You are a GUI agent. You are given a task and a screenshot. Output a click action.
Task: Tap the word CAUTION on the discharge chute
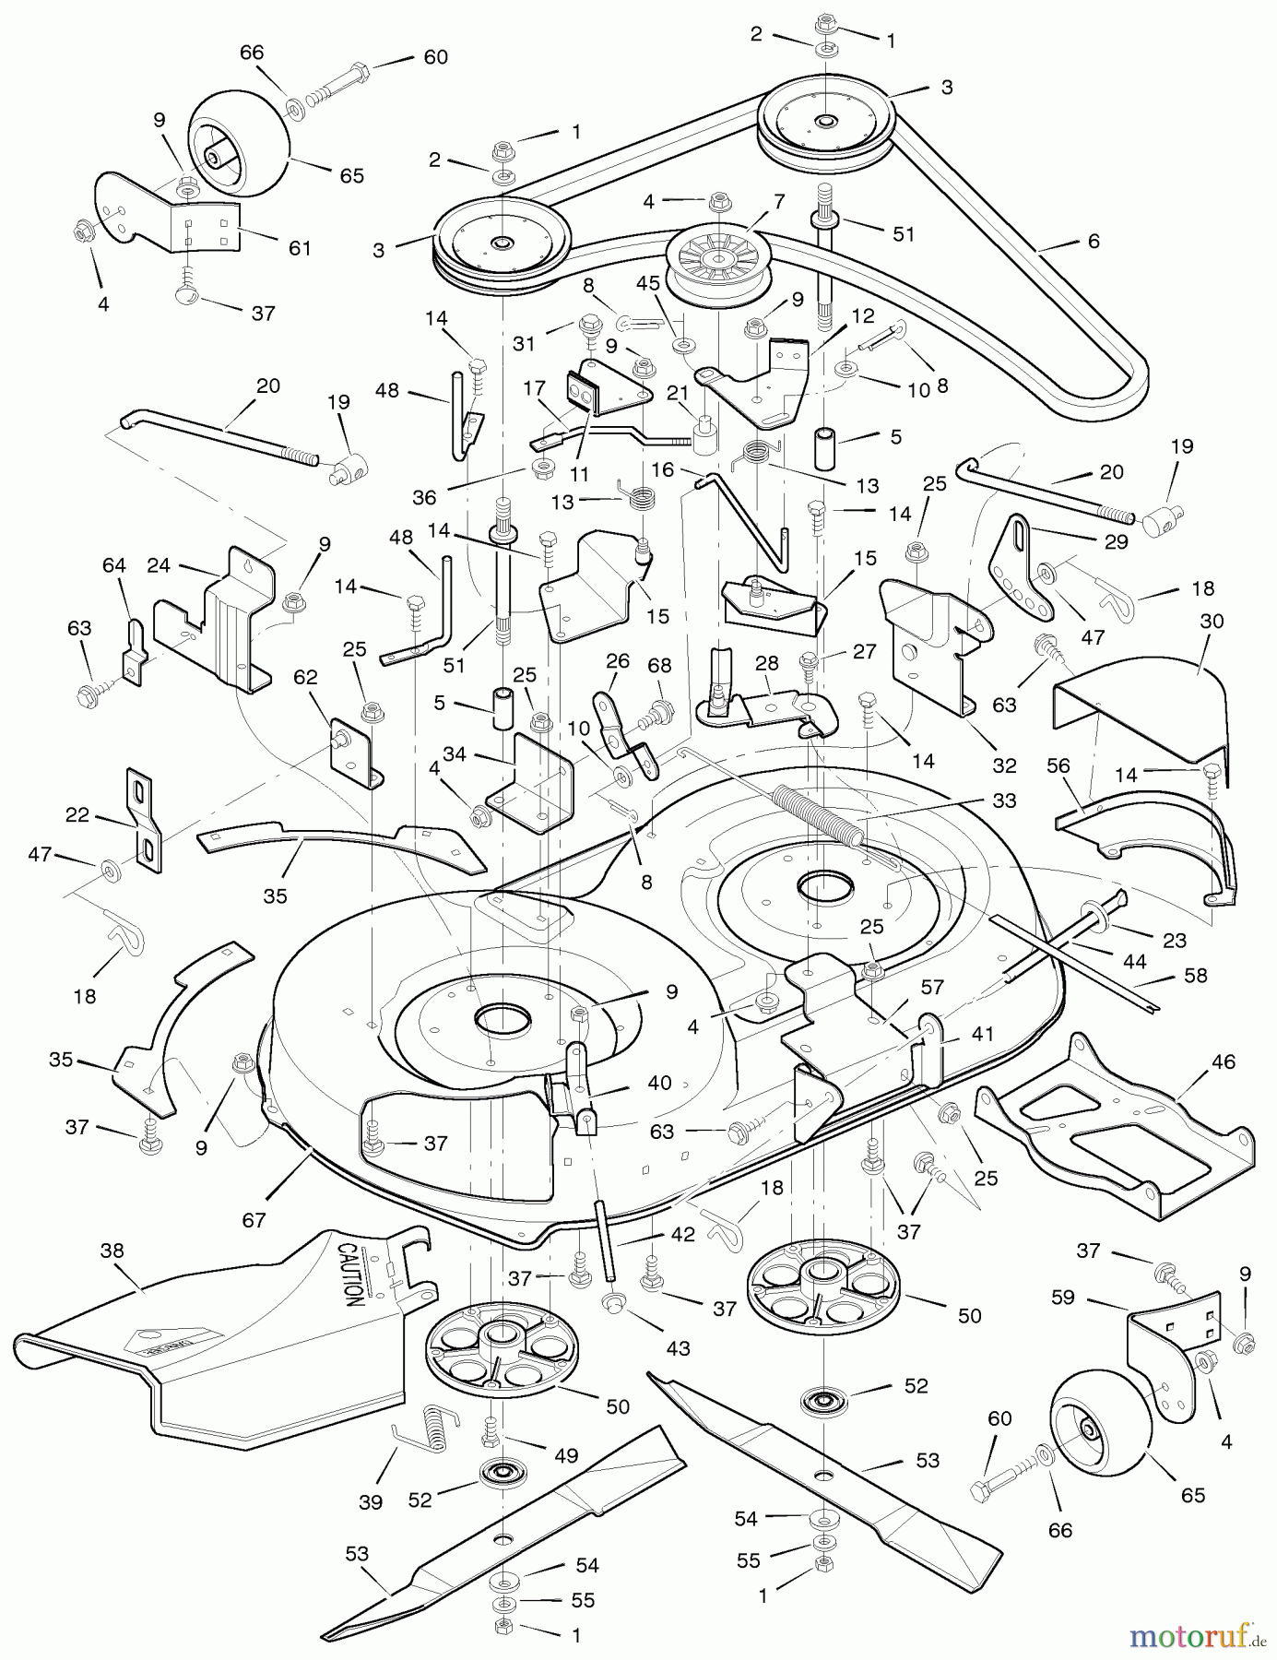point(349,1274)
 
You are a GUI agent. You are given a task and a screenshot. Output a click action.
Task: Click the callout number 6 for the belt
point(1094,241)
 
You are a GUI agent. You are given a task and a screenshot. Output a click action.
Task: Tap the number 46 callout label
point(1223,1062)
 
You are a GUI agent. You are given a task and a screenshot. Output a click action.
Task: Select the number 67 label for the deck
point(254,1220)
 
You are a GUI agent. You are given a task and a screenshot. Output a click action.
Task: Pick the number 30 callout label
point(1212,622)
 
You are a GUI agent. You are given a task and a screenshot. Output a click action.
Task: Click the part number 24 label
point(159,564)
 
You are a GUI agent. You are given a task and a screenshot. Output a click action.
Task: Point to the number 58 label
point(1195,975)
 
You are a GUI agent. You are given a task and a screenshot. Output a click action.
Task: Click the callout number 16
point(662,470)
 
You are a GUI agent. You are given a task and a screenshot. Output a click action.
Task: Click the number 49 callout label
point(565,1455)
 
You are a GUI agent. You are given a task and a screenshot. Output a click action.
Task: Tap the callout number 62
point(305,677)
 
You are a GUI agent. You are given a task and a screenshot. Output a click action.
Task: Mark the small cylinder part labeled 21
point(705,433)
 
